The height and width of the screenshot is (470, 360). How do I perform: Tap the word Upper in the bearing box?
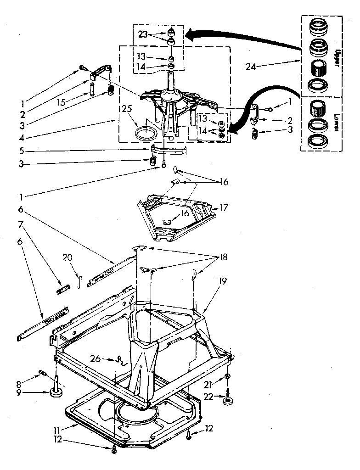(x=337, y=57)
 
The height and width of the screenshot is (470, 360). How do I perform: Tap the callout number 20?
(x=67, y=257)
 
